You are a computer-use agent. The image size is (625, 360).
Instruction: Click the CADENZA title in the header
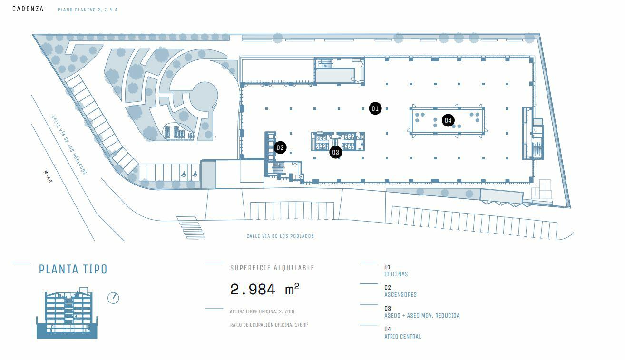[28, 9]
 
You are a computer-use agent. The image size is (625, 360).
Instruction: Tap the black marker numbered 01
[375, 108]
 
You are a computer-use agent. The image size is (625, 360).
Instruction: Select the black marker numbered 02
[280, 147]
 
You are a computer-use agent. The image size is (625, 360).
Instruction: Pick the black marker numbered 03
[336, 152]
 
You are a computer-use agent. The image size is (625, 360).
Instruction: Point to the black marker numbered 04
[448, 120]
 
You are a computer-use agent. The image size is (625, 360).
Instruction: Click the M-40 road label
[48, 177]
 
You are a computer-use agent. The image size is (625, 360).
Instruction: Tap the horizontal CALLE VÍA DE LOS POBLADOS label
[280, 236]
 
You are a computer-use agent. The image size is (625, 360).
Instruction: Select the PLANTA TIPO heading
[73, 269]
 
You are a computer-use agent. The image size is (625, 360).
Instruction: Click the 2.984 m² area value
[264, 289]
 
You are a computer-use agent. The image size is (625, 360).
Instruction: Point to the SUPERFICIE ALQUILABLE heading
[272, 268]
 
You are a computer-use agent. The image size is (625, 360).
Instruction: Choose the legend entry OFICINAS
[396, 274]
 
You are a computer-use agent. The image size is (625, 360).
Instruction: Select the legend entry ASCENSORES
[400, 295]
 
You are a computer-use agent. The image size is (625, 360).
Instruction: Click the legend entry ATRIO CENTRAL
[402, 337]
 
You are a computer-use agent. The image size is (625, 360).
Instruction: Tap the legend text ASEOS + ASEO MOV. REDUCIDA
[421, 316]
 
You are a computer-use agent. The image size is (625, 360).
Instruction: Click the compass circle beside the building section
[113, 298]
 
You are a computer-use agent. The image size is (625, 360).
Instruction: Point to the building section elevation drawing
[67, 314]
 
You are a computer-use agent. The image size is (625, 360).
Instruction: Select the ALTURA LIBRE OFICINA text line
[262, 311]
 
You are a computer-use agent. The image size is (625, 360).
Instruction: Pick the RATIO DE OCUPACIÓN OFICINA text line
[269, 325]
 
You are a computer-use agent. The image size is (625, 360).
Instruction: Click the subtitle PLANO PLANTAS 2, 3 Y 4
[87, 10]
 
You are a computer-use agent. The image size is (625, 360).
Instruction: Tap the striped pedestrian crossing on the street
[191, 227]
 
